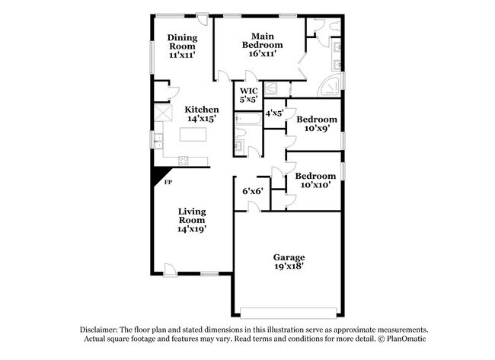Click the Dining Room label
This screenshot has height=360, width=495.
pyautogui.click(x=182, y=42)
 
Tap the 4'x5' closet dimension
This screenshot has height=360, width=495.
pyautogui.click(x=274, y=113)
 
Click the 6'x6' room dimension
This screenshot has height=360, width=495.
pyautogui.click(x=253, y=191)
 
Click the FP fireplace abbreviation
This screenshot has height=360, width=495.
pyautogui.click(x=168, y=183)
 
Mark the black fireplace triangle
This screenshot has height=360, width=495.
pyautogui.click(x=159, y=174)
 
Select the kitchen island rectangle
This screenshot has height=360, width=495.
pyautogui.click(x=195, y=136)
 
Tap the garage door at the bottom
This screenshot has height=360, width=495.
pyautogui.click(x=286, y=311)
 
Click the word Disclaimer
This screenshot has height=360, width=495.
pyautogui.click(x=103, y=328)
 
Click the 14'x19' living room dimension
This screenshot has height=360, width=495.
pyautogui.click(x=193, y=228)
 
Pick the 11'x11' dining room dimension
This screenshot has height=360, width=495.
pyautogui.click(x=182, y=55)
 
